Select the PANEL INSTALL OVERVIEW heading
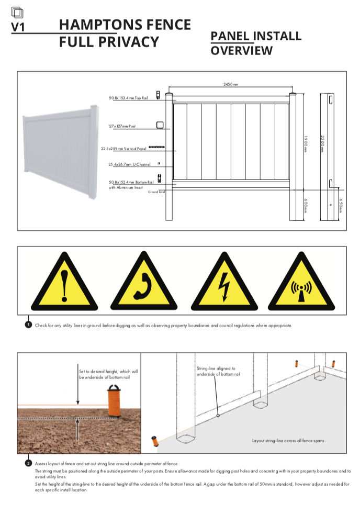pyautogui.click(x=256, y=43)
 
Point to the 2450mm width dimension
pyautogui.click(x=231, y=84)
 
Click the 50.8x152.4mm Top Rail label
pyautogui.click(x=128, y=98)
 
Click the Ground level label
pyautogui.click(x=156, y=192)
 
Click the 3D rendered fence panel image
pyautogui.click(x=59, y=151)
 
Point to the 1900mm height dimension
pyautogui.click(x=305, y=143)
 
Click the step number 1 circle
pyautogui.click(x=28, y=325)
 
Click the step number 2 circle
pyautogui.click(x=28, y=463)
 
